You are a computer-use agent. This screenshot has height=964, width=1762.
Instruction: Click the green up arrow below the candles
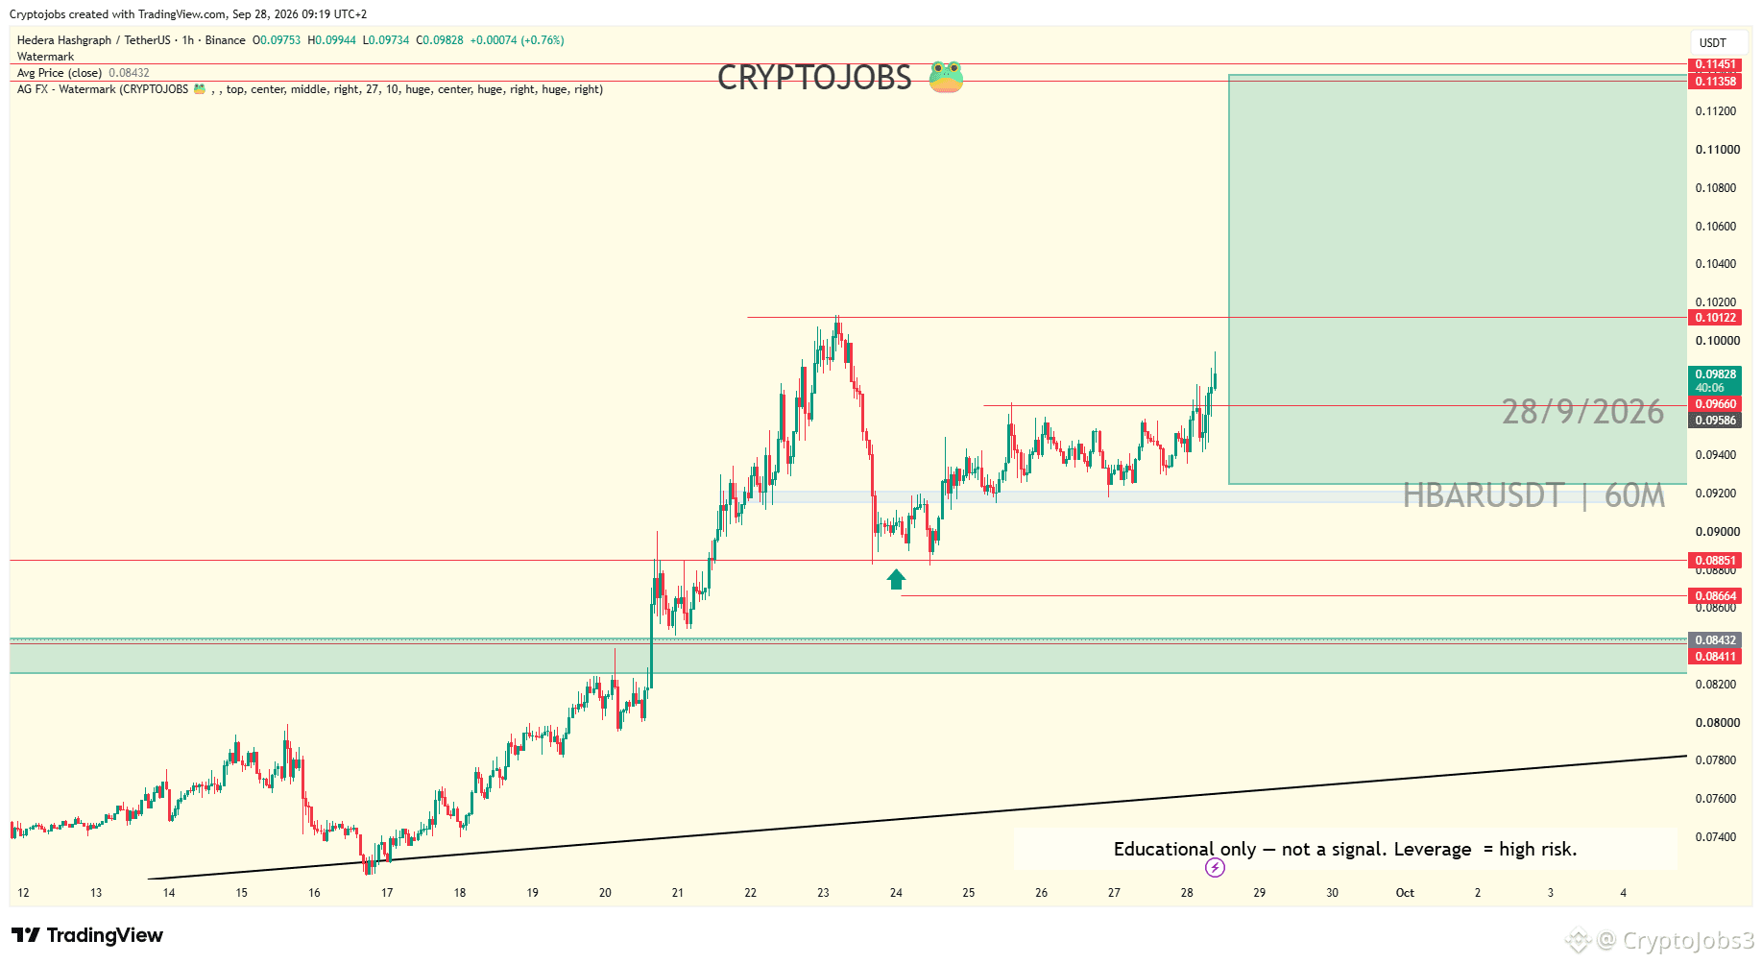pos(896,579)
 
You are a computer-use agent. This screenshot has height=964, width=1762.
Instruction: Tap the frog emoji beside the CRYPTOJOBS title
pos(946,77)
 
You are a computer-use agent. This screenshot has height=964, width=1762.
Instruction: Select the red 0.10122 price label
pos(1715,318)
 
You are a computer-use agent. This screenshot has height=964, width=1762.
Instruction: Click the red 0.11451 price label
pos(1715,64)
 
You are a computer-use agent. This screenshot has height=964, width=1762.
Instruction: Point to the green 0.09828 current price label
pos(1715,380)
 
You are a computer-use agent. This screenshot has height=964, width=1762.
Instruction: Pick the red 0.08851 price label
pos(1715,561)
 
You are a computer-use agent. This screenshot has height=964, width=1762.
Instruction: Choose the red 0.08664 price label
pos(1715,596)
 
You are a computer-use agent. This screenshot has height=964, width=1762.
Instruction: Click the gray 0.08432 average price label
pos(1715,640)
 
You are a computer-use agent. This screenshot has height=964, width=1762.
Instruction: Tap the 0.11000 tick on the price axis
pos(1717,150)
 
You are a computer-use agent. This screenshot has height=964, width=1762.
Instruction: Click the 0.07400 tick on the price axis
pos(1716,837)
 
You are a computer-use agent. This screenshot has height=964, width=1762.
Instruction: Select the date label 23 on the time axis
pos(823,893)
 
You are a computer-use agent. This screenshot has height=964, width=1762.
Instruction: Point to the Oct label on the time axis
pos(1405,893)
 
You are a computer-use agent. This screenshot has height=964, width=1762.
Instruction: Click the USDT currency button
pos(1713,42)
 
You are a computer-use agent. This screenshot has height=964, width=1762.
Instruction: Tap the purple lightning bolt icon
pos(1215,868)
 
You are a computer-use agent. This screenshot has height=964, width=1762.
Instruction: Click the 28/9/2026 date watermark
pos(1582,412)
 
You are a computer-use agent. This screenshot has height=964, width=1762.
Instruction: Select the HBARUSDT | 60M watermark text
pos(1533,495)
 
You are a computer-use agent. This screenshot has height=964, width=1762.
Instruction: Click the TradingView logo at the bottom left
pos(87,935)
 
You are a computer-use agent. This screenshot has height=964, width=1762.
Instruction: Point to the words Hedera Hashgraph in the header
pos(64,40)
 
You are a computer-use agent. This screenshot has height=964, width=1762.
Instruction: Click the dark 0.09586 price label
pos(1715,421)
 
